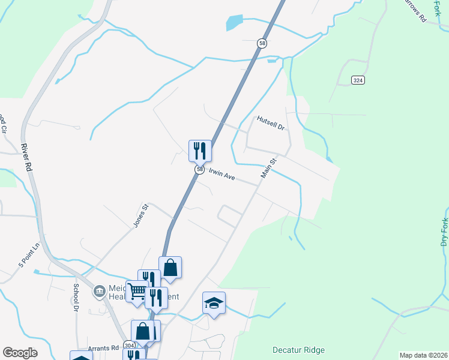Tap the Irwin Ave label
(x=221, y=176)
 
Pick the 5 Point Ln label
(x=28, y=255)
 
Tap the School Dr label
(x=76, y=297)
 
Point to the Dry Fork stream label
(x=444, y=232)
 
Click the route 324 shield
(x=358, y=80)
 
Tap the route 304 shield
(x=129, y=346)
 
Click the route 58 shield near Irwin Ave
(x=199, y=170)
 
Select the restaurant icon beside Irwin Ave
(x=200, y=150)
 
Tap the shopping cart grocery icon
(x=137, y=292)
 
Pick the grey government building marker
(x=99, y=292)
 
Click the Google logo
(x=20, y=353)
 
